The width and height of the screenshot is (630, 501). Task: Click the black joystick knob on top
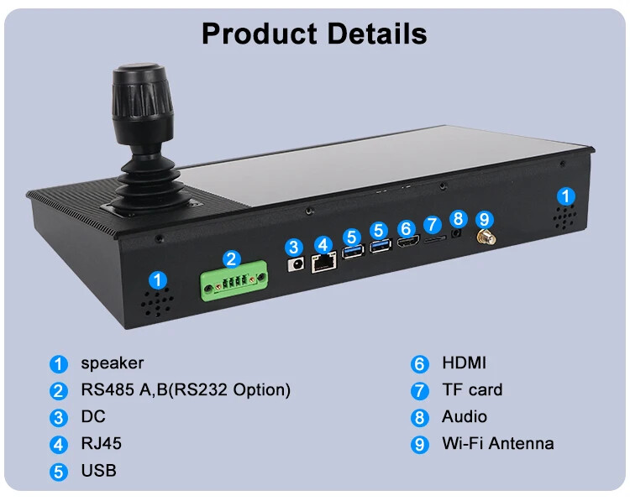click(x=142, y=103)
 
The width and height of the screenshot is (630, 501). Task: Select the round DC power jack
click(x=297, y=264)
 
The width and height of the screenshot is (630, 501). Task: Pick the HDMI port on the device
click(x=408, y=241)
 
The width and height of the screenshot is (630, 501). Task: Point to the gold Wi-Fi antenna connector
click(x=486, y=237)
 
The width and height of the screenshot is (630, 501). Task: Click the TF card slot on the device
click(x=435, y=239)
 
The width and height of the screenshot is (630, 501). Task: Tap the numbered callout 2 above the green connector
click(x=232, y=259)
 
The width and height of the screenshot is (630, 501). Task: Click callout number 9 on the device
click(x=485, y=219)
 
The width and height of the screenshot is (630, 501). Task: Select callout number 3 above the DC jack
click(x=294, y=247)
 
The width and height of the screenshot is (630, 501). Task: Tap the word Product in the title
click(x=260, y=34)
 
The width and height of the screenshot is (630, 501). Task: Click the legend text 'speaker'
click(x=112, y=363)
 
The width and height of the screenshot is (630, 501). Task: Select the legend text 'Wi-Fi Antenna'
click(x=498, y=443)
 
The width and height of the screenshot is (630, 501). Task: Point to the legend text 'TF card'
click(x=472, y=389)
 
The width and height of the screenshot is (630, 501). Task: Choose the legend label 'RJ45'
click(x=102, y=443)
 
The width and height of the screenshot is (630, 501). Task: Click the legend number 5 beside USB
click(x=59, y=472)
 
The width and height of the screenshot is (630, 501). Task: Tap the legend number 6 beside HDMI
click(x=420, y=364)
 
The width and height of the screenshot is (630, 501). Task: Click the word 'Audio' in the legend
click(x=465, y=416)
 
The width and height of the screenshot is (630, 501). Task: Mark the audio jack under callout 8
click(x=456, y=232)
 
